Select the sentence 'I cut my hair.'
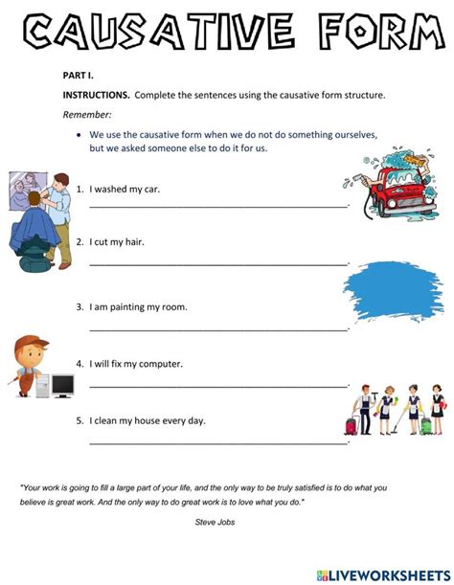pyautogui.click(x=117, y=242)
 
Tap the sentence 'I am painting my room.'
pyautogui.click(x=138, y=307)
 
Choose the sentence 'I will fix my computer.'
pyautogui.click(x=136, y=364)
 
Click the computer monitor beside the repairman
pyautogui.click(x=62, y=386)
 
